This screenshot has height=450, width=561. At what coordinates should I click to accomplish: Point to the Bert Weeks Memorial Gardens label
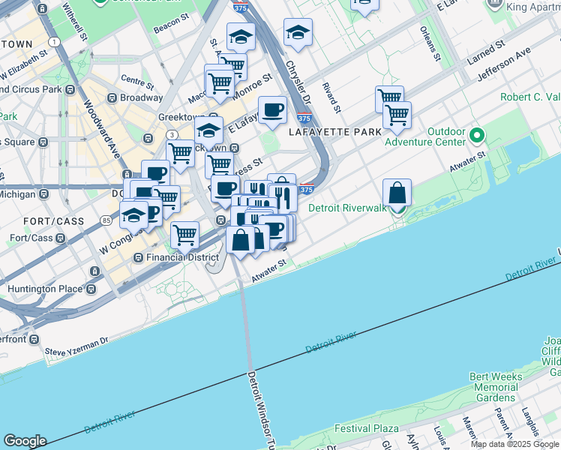[x=493, y=387]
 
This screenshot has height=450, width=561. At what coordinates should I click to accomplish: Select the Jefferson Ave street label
[x=503, y=65]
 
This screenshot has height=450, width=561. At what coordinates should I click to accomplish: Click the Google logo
[x=24, y=441]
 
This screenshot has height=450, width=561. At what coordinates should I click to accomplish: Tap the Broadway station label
[x=141, y=98]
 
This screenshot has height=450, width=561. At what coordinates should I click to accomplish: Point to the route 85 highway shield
[x=106, y=220]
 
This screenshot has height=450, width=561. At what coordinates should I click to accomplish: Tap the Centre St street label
[x=136, y=79]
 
